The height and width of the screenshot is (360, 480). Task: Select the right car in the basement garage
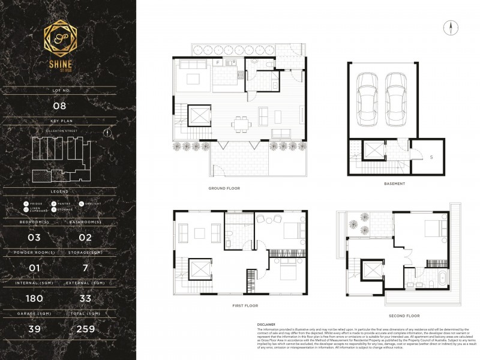point(396,99)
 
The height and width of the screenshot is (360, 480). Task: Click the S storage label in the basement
point(431,157)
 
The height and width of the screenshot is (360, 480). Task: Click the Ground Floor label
point(224,188)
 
